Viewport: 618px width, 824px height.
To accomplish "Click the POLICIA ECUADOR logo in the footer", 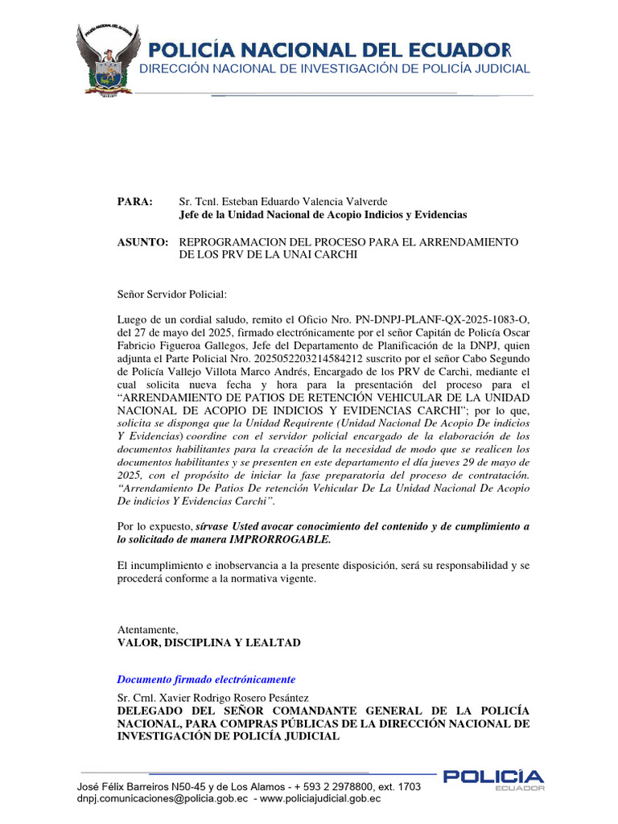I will pos(493,779).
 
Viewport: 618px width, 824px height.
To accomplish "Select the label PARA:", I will pos(134,201).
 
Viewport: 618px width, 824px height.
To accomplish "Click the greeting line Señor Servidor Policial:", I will pos(172,294).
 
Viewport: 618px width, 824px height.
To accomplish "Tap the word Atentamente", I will pos(148,629).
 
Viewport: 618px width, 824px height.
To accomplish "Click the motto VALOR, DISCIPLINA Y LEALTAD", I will pos(208,642).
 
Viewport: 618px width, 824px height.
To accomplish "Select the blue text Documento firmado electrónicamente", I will pos(206,679).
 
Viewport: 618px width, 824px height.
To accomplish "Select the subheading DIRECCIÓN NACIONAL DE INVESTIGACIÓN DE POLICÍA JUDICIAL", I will pos(335,68).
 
